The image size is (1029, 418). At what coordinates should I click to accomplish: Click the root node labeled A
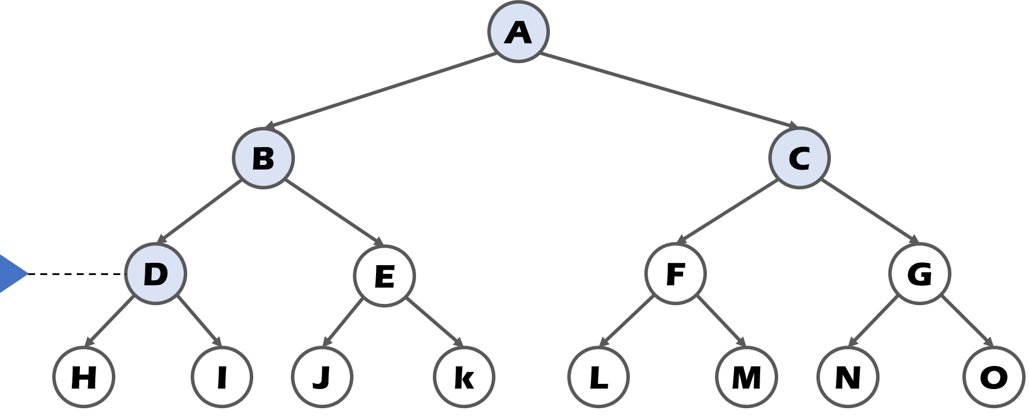pyautogui.click(x=517, y=32)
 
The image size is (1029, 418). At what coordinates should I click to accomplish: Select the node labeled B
pyautogui.click(x=263, y=157)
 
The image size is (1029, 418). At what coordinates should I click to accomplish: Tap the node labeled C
pyautogui.click(x=799, y=157)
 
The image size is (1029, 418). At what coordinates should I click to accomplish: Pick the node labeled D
pyautogui.click(x=155, y=274)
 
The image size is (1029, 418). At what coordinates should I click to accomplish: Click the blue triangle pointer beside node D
pyautogui.click(x=12, y=273)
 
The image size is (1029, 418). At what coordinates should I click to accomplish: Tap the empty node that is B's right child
pyautogui.click(x=384, y=275)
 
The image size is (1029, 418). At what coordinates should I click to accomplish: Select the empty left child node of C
pyautogui.click(x=675, y=273)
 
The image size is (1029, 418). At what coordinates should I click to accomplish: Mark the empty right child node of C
pyautogui.click(x=919, y=273)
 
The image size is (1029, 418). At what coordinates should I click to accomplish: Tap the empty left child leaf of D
pyautogui.click(x=83, y=377)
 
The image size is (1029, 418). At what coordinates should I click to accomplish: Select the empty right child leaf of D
pyautogui.click(x=222, y=377)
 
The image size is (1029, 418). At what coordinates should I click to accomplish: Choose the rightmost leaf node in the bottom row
pyautogui.click(x=993, y=377)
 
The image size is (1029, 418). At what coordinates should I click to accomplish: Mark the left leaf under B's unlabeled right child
pyautogui.click(x=322, y=377)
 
